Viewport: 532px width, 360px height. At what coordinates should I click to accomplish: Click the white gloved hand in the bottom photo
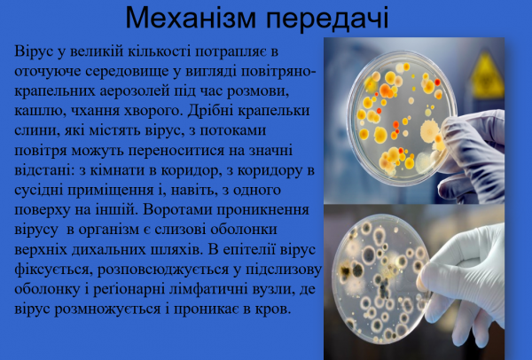[479, 266]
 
